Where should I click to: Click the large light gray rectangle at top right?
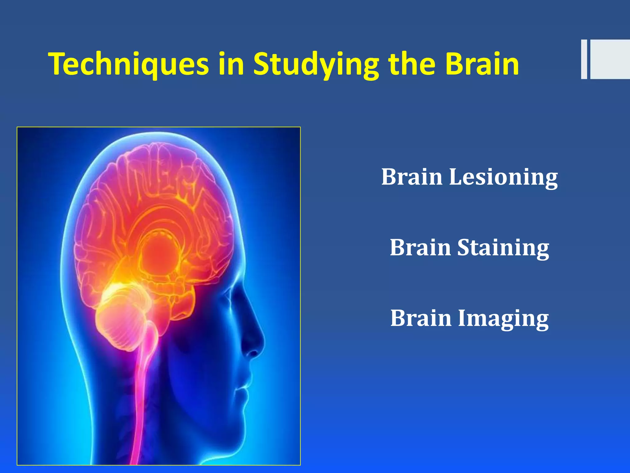[x=610, y=59]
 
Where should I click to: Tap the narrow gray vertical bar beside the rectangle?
[x=584, y=59]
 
